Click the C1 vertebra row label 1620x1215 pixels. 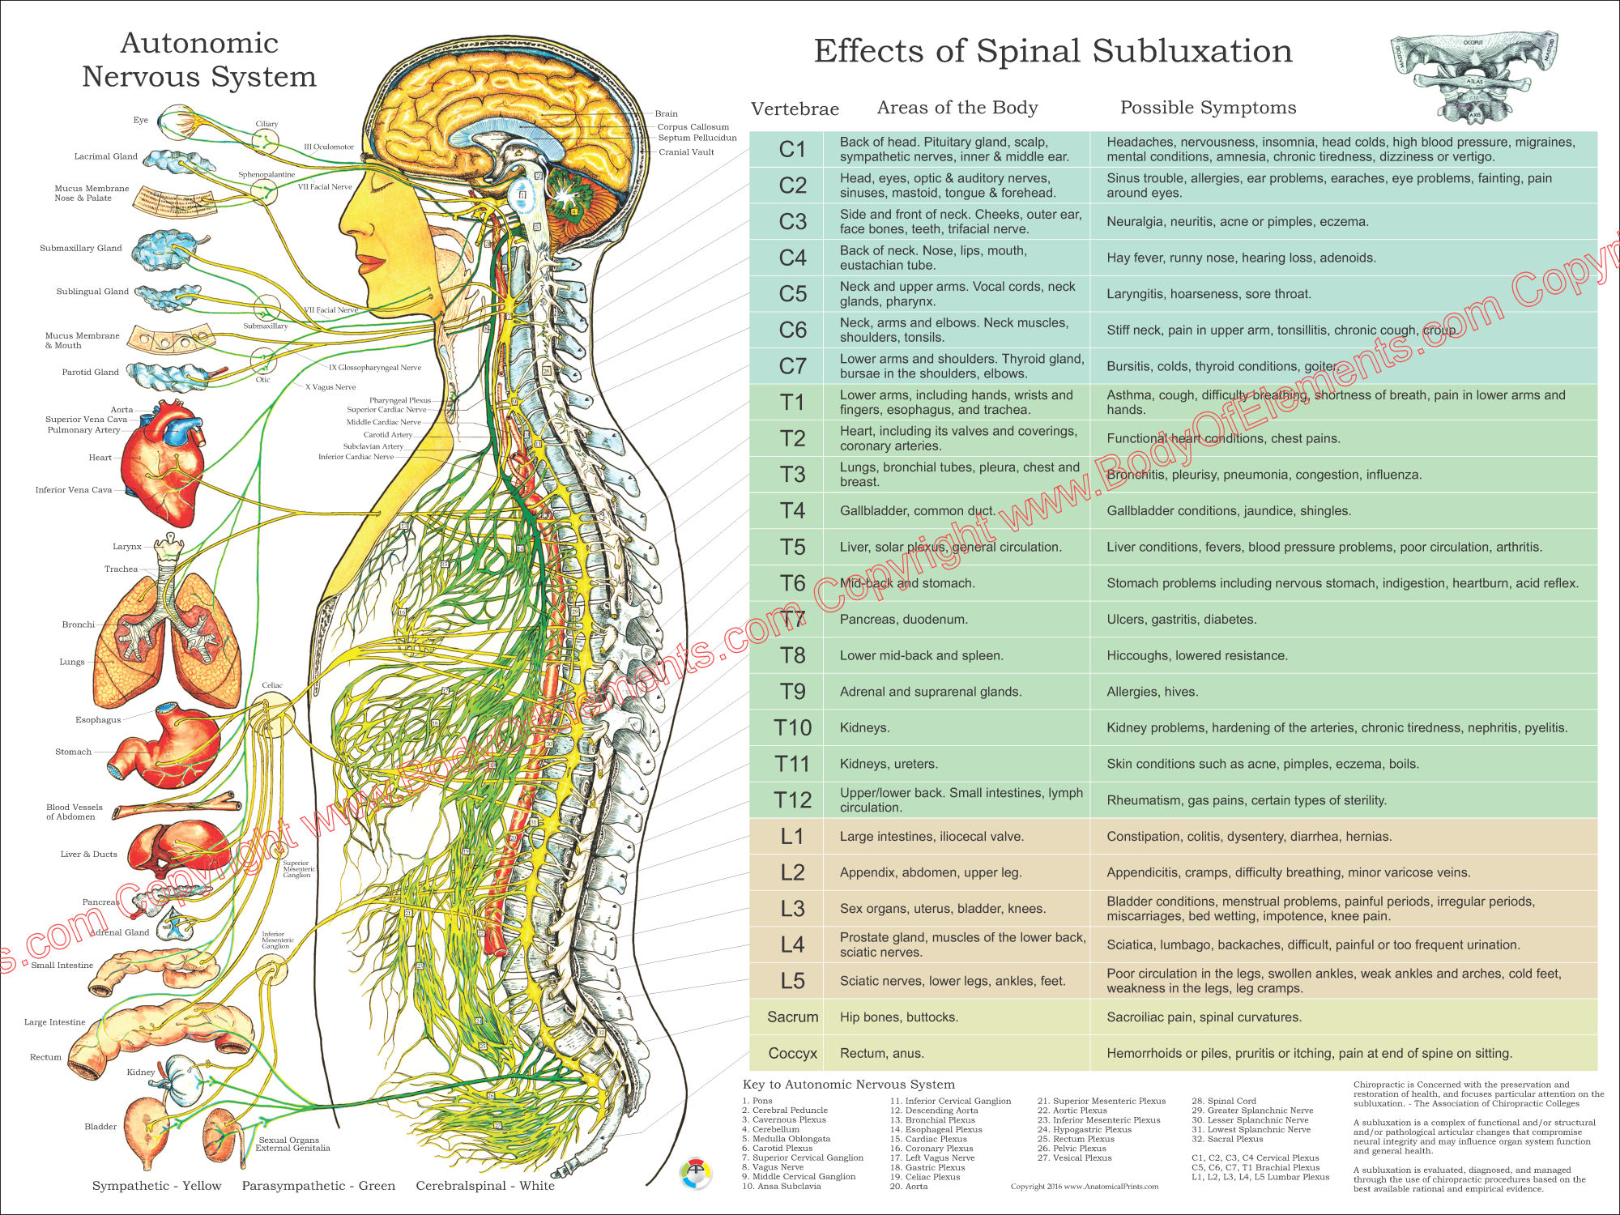[x=792, y=150]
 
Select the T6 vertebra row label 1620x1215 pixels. [x=792, y=583]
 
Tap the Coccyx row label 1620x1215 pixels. [x=792, y=1053]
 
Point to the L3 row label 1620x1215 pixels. [x=792, y=909]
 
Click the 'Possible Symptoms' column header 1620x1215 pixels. [x=1208, y=108]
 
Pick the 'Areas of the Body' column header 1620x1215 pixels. [x=957, y=108]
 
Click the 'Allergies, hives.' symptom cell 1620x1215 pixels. [x=1152, y=692]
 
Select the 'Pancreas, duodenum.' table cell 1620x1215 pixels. [x=903, y=620]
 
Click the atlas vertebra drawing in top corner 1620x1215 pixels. [x=1474, y=77]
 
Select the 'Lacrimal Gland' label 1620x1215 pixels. [x=106, y=156]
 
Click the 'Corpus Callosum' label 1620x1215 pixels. [x=693, y=127]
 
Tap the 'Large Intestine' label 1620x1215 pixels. [x=54, y=1022]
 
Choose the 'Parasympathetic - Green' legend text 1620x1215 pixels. [x=318, y=1186]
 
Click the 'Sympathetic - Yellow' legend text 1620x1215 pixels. [x=156, y=1186]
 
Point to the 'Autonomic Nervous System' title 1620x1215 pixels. [x=199, y=60]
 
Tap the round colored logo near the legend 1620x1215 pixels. [x=695, y=1174]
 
